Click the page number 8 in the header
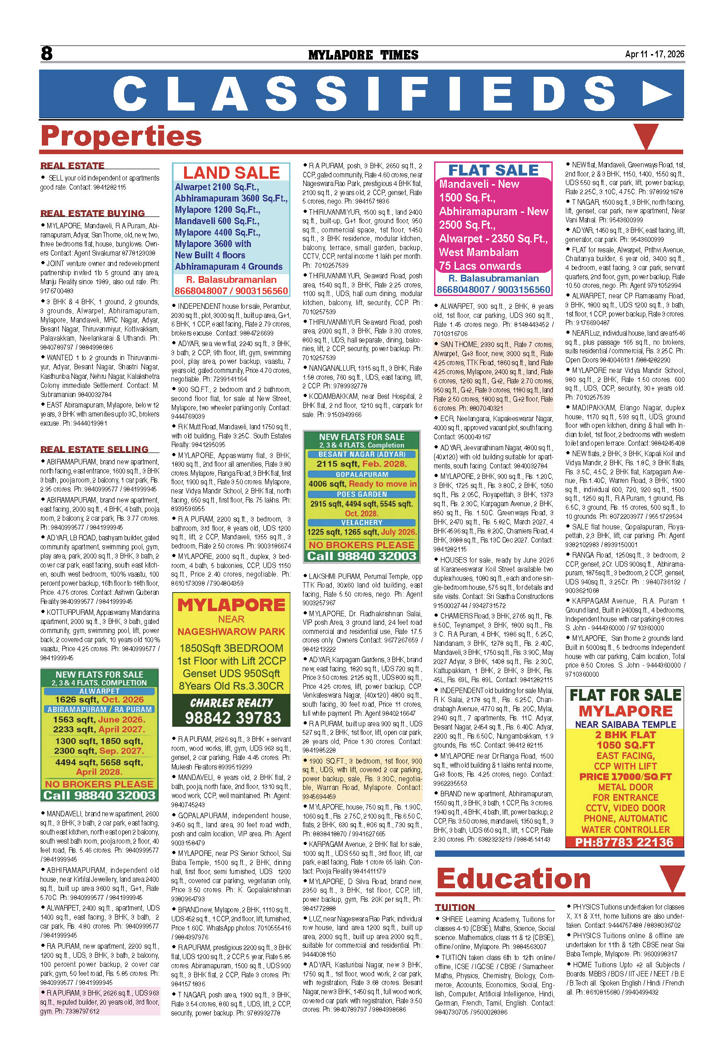pyautogui.click(x=46, y=54)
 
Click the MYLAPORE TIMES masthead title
pyautogui.click(x=363, y=55)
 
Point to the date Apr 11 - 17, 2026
pyautogui.click(x=654, y=54)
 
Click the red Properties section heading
pyautogui.click(x=121, y=136)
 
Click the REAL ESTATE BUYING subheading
pyautogui.click(x=93, y=213)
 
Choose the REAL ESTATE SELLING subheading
pyautogui.click(x=95, y=449)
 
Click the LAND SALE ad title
pyautogui.click(x=231, y=172)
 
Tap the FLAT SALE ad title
pyautogui.click(x=493, y=170)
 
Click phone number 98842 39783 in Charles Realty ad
pyautogui.click(x=233, y=718)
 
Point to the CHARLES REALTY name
pyautogui.click(x=231, y=703)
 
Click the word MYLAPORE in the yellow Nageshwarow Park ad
pyautogui.click(x=231, y=605)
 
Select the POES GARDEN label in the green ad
pyautogui.click(x=362, y=494)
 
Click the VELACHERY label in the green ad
pyautogui.click(x=362, y=522)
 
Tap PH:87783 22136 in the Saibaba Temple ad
pyautogui.click(x=624, y=842)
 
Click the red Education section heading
pyautogui.click(x=514, y=878)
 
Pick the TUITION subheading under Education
pyautogui.click(x=455, y=907)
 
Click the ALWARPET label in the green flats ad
pyautogui.click(x=100, y=691)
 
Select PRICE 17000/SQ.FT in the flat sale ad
pyautogui.click(x=625, y=777)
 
